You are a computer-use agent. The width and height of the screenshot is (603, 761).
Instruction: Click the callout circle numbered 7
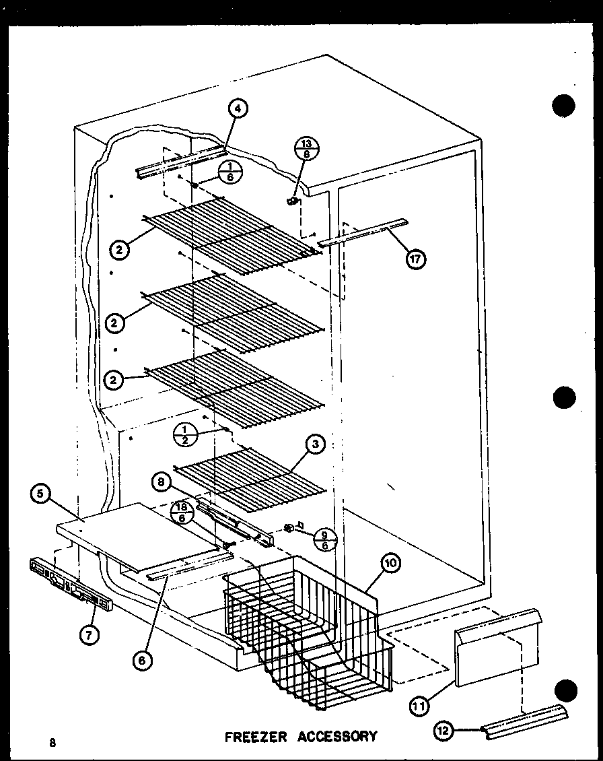(x=87, y=633)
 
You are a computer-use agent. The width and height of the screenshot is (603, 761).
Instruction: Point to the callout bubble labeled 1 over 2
(x=184, y=435)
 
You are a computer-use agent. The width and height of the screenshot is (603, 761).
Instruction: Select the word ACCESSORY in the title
(x=338, y=735)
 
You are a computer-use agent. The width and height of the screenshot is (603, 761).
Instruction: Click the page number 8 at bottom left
(x=52, y=743)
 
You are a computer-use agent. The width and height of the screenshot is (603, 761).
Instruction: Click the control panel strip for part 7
(x=69, y=584)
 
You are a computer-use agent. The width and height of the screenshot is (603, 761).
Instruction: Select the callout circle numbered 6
(x=142, y=661)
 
